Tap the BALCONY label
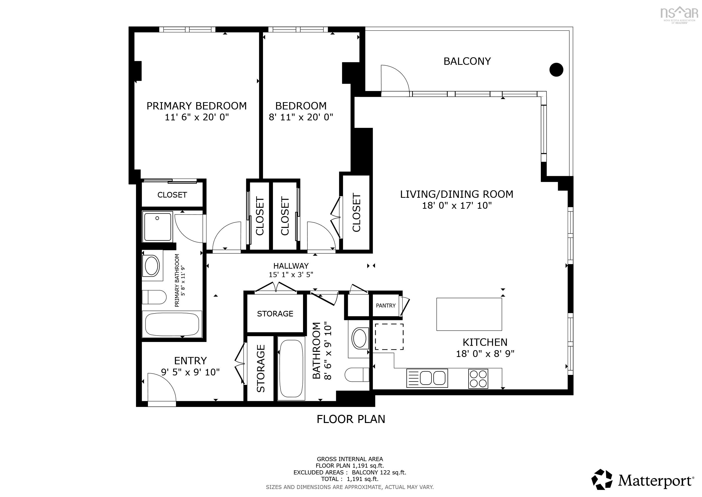click(x=467, y=61)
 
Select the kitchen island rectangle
click(x=469, y=314)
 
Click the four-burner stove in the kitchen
click(x=478, y=379)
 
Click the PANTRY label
click(x=386, y=306)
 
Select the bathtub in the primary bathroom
click(x=172, y=324)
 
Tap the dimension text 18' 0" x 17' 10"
click(x=457, y=205)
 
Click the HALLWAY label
click(x=291, y=266)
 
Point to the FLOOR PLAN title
click(x=351, y=419)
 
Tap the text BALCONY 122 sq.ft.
click(x=379, y=472)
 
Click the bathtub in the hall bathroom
click(x=291, y=368)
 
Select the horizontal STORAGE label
click(x=275, y=314)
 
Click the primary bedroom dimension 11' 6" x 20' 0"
click(x=197, y=117)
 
